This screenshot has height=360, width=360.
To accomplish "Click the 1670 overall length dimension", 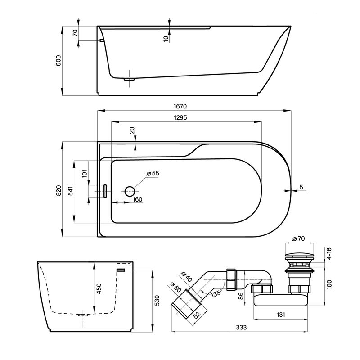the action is pos(180,107).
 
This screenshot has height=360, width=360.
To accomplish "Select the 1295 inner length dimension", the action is pos(180,118).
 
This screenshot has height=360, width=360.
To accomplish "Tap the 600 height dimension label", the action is pos(58,61).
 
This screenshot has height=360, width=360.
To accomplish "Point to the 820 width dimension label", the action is pos(59,190).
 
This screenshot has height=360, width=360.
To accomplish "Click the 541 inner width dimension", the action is pos(71,191).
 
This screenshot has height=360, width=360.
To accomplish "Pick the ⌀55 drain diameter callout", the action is pos(153,173).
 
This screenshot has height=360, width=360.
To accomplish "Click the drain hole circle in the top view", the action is pos(130,191).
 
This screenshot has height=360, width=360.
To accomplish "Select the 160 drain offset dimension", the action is pos(137,199).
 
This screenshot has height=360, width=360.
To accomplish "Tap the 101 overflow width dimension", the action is pos(85,174).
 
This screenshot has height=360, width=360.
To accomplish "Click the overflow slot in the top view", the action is pos(105,191).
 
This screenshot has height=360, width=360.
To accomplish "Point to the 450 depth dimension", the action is pos(99,288).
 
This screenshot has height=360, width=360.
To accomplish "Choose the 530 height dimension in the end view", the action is pos(157,300).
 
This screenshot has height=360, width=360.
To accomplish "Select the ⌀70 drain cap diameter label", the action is pos(298,238).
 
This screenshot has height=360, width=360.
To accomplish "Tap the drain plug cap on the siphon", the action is pos(299,255).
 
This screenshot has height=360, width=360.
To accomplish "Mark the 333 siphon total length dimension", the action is pos(241,327).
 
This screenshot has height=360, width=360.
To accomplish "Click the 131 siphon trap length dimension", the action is pos(280,314).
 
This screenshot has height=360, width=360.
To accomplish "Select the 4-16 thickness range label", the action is pos(329,253).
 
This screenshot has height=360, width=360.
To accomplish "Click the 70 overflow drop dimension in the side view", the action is pos(75,33).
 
